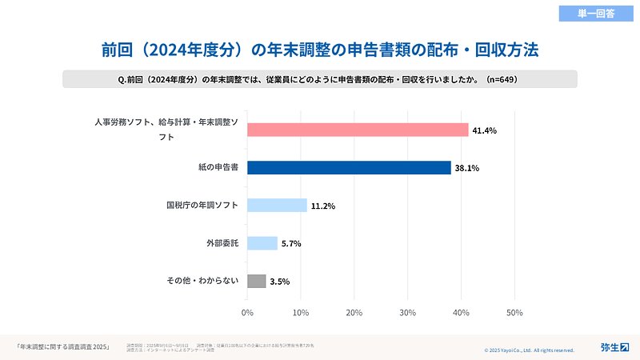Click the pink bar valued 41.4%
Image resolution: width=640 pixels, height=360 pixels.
coord(358,130)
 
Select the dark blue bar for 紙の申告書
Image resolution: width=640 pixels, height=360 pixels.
coord(349,167)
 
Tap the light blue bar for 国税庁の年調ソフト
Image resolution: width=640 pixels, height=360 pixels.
coord(277,205)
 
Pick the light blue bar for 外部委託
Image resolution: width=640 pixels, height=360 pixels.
coord(262,243)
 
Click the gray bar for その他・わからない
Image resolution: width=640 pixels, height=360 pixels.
coord(256,281)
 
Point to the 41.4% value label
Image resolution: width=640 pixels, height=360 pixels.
coord(484,130)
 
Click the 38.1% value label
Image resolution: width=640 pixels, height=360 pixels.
coord(466,168)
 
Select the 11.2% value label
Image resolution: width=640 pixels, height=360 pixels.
coord(322,206)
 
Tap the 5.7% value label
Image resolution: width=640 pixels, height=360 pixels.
coord(291,244)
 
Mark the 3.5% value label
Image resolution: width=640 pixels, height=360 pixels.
coord(280,282)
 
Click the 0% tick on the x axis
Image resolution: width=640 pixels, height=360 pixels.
coord(247,312)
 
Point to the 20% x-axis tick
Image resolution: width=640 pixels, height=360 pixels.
coord(354,312)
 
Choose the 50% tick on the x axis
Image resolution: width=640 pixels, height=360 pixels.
coord(514,312)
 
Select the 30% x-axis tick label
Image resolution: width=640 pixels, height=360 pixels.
coord(408,312)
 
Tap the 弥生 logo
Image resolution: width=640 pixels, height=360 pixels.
coord(614,346)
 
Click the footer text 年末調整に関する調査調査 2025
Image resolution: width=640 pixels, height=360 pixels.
coord(63,346)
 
